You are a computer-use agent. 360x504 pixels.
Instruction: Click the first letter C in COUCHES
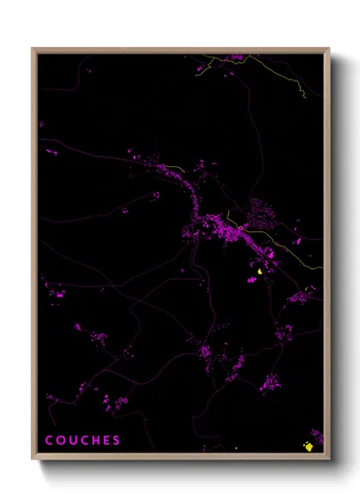49,441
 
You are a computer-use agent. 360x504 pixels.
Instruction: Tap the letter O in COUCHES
61,441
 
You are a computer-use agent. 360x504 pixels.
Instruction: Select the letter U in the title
73,441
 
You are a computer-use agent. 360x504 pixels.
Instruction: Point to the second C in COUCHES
84,441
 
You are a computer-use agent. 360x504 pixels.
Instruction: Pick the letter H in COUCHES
95,441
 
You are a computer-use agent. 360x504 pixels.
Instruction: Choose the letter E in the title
106,441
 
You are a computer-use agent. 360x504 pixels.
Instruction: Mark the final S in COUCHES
117,441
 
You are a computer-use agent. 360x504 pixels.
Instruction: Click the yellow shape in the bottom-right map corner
308,446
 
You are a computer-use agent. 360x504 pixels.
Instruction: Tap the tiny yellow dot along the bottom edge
236,447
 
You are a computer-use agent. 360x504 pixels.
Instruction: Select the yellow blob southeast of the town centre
259,272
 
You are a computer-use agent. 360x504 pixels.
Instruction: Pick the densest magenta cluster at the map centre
225,228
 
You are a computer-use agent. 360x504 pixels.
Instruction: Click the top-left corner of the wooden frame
33,49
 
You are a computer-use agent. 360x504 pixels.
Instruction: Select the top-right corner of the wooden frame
328,49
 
